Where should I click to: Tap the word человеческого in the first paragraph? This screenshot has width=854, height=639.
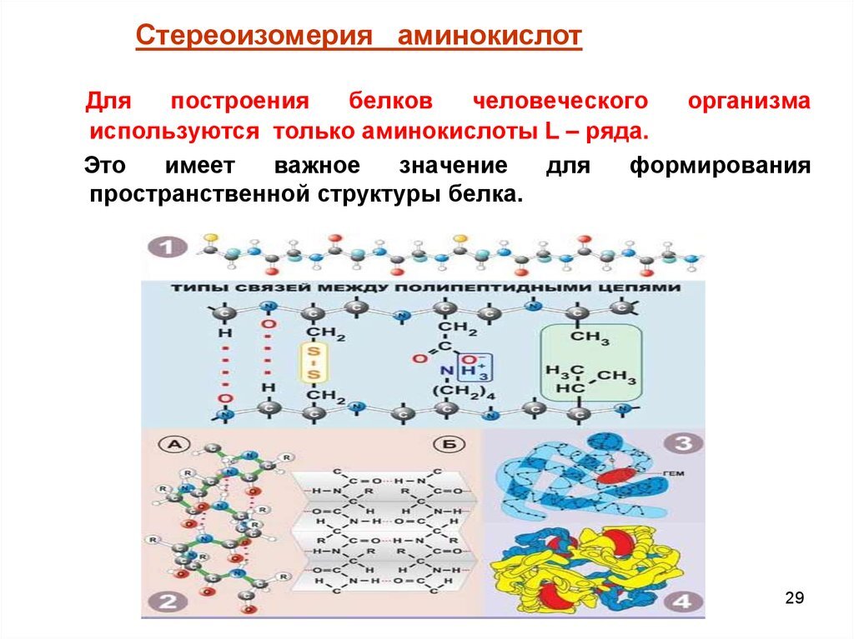(x=560, y=101)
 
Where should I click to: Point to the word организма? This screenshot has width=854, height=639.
(x=749, y=101)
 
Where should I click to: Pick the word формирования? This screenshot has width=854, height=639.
(x=720, y=165)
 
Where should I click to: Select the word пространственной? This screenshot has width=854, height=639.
(x=199, y=196)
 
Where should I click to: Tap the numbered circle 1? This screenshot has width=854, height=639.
(x=167, y=247)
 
